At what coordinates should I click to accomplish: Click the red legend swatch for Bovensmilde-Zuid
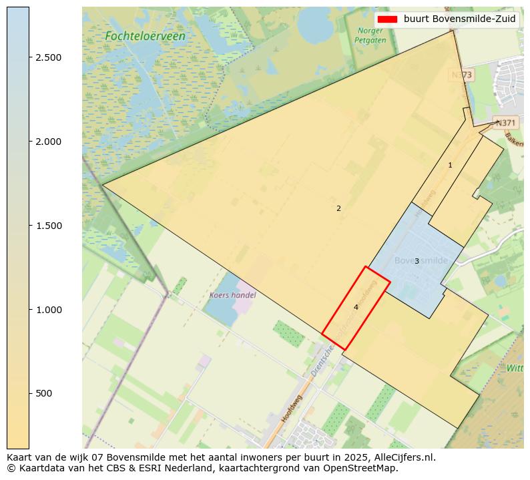(x=386, y=19)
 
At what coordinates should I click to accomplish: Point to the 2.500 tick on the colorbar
(x=48, y=57)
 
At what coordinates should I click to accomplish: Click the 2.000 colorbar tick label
(x=48, y=142)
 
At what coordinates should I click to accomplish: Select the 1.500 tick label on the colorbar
(x=48, y=226)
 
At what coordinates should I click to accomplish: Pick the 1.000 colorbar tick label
(x=48, y=310)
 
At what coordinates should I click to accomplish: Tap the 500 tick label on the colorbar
(x=44, y=393)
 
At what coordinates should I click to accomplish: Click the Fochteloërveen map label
(x=145, y=36)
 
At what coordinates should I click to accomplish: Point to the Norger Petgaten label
(x=370, y=35)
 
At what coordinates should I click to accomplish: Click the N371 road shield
(x=505, y=123)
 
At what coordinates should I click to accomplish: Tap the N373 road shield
(x=461, y=75)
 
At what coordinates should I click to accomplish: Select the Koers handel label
(x=232, y=294)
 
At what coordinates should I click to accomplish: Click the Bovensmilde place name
(x=421, y=260)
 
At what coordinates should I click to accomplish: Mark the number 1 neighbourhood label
(x=450, y=165)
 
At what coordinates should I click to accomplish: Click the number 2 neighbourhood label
(x=338, y=208)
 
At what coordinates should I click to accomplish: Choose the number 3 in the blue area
(x=417, y=261)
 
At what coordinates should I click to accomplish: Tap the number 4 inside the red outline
(x=356, y=307)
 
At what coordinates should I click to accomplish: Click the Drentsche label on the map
(x=323, y=360)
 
